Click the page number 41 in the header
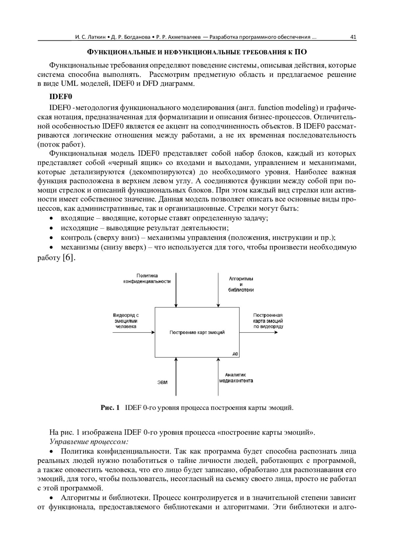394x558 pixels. click(x=353, y=37)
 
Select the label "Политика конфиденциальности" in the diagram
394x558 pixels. click(x=147, y=279)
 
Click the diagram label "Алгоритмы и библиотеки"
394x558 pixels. click(x=241, y=284)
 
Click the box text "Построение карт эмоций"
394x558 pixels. click(x=197, y=332)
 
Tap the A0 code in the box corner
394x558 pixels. click(x=235, y=354)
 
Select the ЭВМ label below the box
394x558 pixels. click(x=162, y=382)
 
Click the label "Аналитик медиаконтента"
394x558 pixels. click(x=236, y=378)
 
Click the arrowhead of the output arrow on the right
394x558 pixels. click(x=276, y=332)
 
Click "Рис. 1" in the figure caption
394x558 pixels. click(x=110, y=408)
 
